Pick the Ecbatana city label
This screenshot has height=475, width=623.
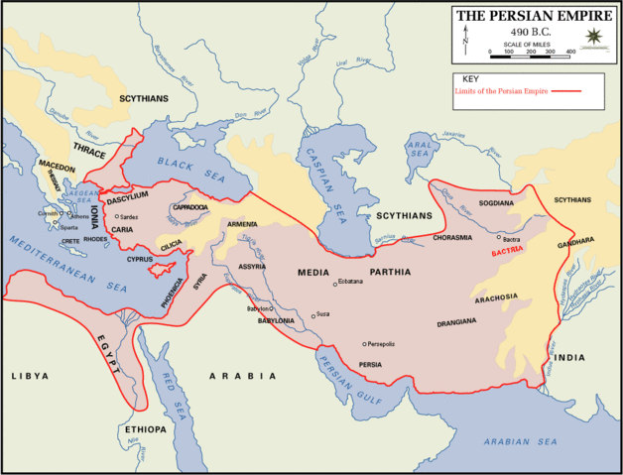click(350, 282)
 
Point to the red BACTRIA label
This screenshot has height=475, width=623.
click(506, 252)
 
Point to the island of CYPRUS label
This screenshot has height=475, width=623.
click(140, 259)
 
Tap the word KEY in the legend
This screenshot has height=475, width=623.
click(471, 79)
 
